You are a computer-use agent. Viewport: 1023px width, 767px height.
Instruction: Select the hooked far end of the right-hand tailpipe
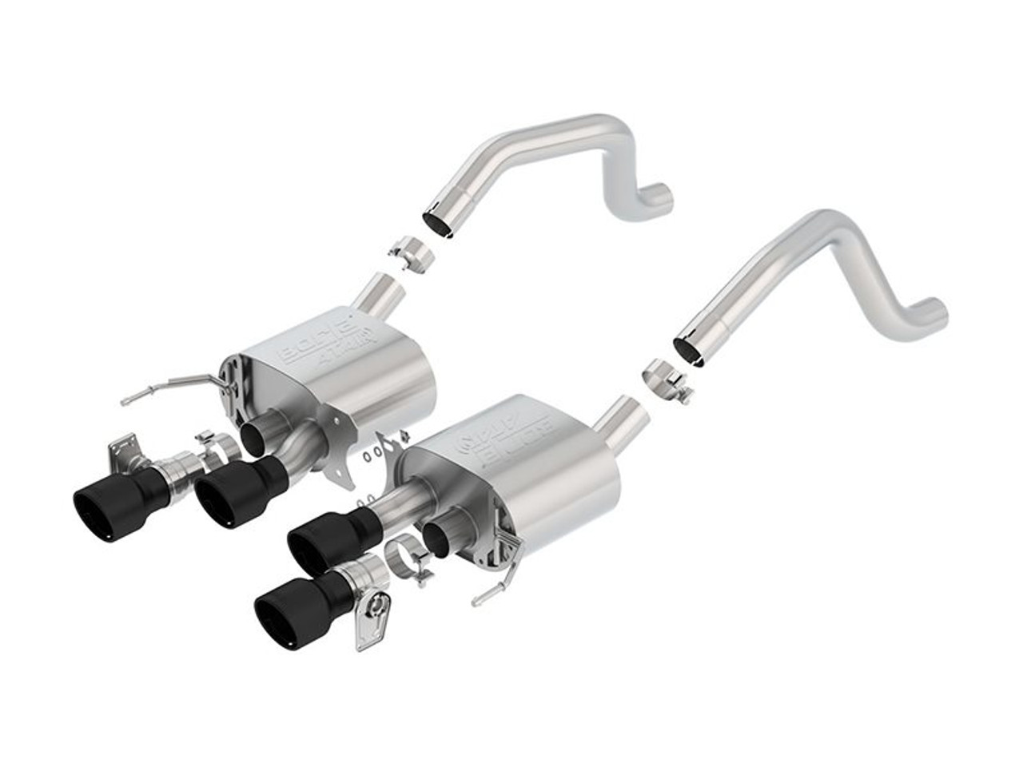tap(933, 307)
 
